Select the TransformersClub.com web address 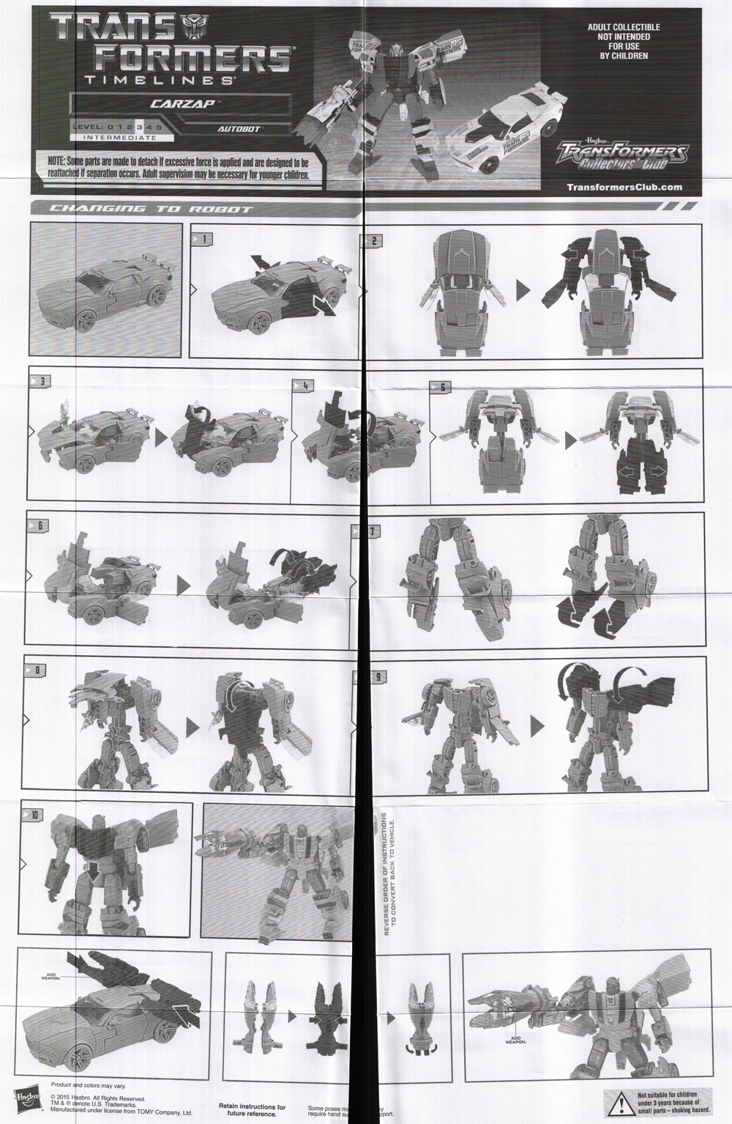624,187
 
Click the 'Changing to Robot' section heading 150,210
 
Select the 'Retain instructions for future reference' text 253,1110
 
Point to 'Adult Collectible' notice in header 619,41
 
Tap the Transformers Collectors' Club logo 621,156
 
